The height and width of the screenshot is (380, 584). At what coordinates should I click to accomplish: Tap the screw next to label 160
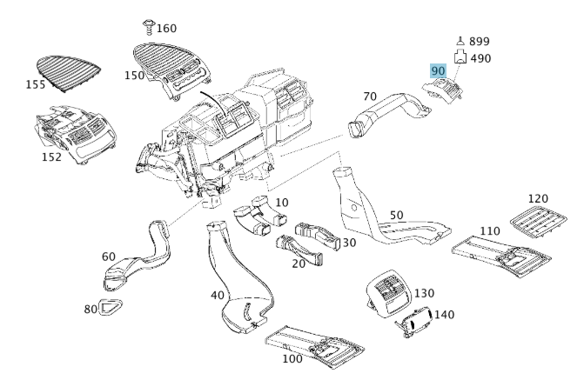click(148, 27)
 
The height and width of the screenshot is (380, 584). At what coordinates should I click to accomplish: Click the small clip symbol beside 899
click(460, 41)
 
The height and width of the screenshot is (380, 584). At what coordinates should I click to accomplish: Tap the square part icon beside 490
click(461, 58)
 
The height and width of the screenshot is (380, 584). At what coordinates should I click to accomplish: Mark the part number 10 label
click(281, 203)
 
